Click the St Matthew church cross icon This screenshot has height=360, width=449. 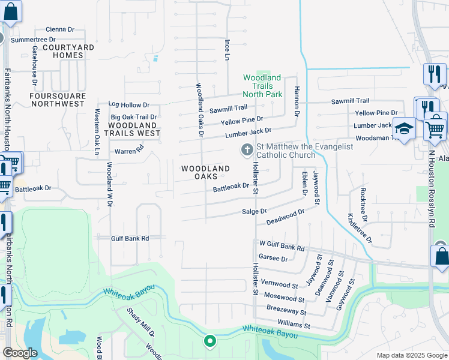[246, 150]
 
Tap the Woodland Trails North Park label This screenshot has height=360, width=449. [262, 86]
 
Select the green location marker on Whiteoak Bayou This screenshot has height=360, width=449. [209, 341]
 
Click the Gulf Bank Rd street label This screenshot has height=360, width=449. [130, 238]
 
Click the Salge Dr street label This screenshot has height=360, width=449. [254, 212]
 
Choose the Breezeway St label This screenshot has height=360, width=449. [286, 312]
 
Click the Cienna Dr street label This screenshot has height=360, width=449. [59, 29]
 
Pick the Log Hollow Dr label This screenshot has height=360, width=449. [128, 105]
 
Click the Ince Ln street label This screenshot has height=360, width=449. [227, 50]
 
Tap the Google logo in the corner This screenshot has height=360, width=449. [20, 353]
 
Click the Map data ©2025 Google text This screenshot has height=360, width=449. [411, 355]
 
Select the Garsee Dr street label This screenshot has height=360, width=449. [274, 259]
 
